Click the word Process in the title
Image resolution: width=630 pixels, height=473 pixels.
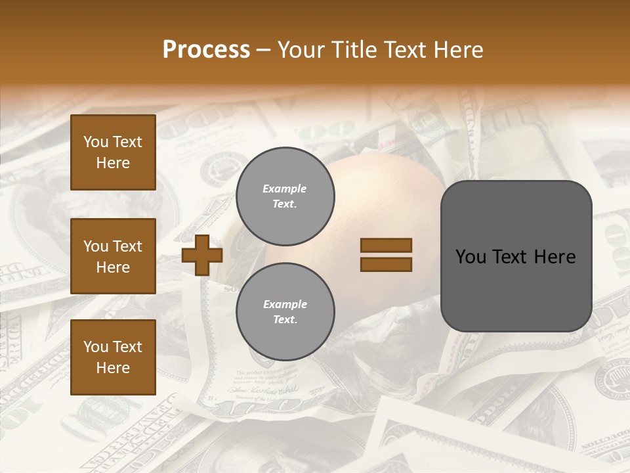click(206, 50)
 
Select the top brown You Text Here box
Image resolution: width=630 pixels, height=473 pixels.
click(113, 152)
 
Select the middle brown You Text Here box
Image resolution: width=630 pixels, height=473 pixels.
click(113, 256)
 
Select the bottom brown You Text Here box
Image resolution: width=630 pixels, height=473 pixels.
click(113, 357)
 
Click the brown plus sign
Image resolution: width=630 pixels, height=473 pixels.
click(202, 256)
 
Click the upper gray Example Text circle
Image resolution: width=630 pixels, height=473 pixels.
click(285, 196)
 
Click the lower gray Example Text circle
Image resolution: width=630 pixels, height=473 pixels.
click(285, 312)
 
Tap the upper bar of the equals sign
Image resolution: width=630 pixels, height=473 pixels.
click(386, 246)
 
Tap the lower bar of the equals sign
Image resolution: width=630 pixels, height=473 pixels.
click(386, 265)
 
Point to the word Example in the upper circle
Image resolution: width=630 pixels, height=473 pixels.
click(284, 189)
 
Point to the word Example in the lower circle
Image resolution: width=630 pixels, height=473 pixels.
click(285, 304)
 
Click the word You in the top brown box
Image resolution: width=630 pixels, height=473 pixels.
click(96, 142)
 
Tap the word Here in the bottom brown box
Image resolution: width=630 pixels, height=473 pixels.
click(113, 368)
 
